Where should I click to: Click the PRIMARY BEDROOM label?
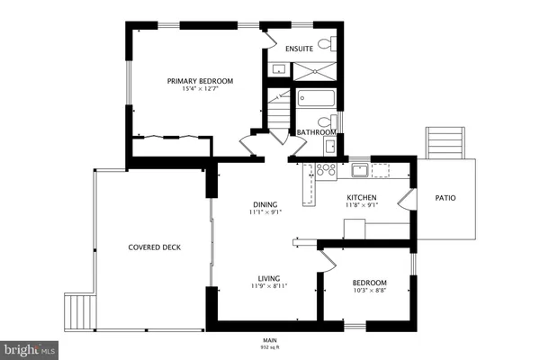(x=193, y=81)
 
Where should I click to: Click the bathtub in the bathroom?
(x=314, y=98)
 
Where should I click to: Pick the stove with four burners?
(x=326, y=167)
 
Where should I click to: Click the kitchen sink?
(x=359, y=168)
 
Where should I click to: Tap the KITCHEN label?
(x=362, y=197)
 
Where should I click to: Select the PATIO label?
(x=445, y=198)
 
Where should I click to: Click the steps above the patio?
(x=444, y=141)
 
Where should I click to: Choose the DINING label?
(x=265, y=204)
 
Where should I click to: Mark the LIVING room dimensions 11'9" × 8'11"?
(x=268, y=287)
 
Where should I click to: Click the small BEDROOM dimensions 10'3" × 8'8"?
(x=369, y=291)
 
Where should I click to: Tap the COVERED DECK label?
(x=153, y=247)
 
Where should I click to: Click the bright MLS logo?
(x=29, y=347)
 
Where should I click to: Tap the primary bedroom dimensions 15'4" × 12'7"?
(x=193, y=89)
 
